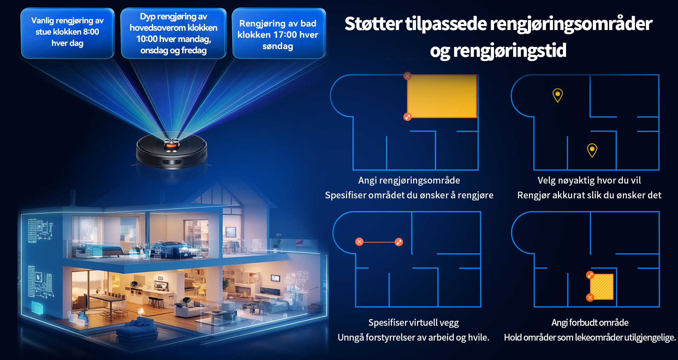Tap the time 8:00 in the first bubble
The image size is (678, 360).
[x=91, y=32]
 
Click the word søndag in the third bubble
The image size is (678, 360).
[x=278, y=46]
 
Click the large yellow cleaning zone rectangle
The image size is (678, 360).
[x=442, y=96]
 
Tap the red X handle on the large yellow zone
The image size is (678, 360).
[x=408, y=76]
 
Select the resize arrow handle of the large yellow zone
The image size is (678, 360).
[x=408, y=117]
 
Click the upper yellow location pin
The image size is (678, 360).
[x=558, y=95]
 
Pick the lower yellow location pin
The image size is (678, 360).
[x=592, y=150]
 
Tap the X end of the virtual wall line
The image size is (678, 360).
[x=359, y=242]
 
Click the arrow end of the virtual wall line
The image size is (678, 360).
[x=399, y=242]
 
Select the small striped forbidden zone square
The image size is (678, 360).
[x=602, y=287]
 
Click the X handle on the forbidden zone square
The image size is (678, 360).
[x=590, y=298]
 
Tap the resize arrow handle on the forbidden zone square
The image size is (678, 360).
[x=590, y=275]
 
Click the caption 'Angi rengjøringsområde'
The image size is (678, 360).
[x=409, y=180]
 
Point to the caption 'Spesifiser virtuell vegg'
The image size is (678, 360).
[x=414, y=323]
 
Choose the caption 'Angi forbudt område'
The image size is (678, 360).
[x=590, y=323]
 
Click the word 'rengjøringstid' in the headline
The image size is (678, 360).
[x=510, y=50]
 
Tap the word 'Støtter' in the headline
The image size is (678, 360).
[x=373, y=24]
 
